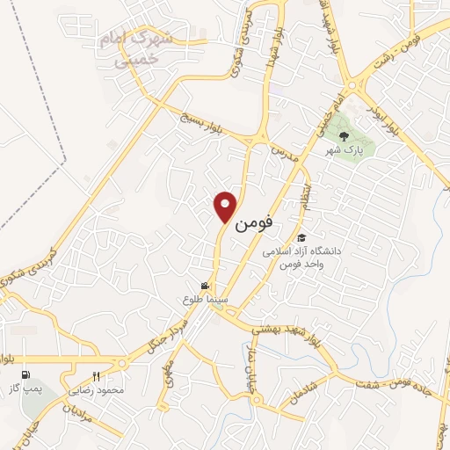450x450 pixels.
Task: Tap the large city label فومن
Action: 256,222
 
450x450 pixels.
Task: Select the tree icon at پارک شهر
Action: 344,136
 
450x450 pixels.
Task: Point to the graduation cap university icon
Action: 301,238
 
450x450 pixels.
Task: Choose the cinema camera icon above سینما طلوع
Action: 205,286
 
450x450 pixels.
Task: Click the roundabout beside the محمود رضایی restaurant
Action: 119,362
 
